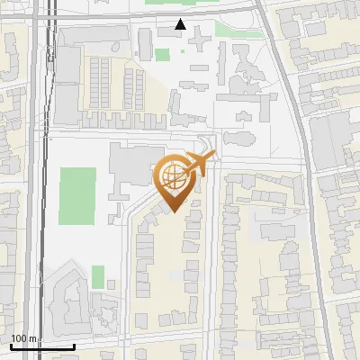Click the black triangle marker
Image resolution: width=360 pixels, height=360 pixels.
pyautogui.click(x=181, y=24)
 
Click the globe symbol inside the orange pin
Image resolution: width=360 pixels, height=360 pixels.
pyautogui.click(x=175, y=177)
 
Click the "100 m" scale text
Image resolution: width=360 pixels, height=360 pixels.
pyautogui.click(x=24, y=339)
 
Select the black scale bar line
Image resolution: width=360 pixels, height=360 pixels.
pyautogui.click(x=41, y=346)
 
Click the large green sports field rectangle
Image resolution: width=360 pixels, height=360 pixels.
pyautogui.click(x=77, y=196)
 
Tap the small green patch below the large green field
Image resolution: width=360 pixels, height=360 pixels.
pyautogui.click(x=97, y=275)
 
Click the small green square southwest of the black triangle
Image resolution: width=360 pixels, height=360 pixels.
pyautogui.click(x=162, y=55)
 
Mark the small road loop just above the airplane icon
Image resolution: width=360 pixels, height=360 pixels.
pyautogui.click(x=208, y=143)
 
